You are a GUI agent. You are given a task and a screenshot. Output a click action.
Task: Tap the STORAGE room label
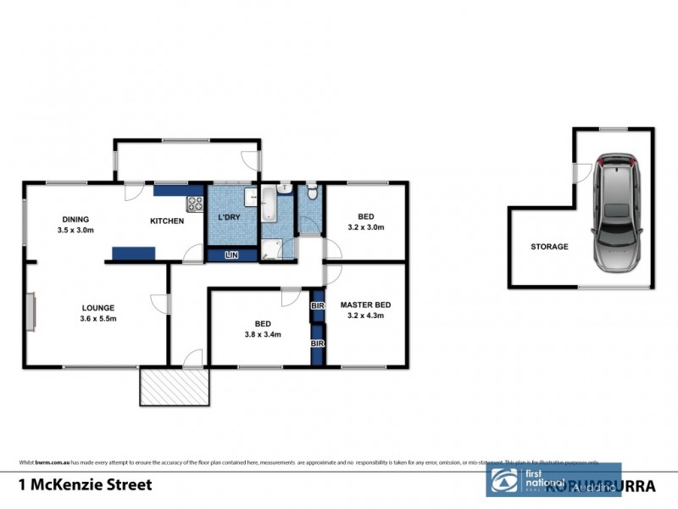(x=549, y=247)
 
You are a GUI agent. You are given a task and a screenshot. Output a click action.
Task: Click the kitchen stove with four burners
(x=195, y=204)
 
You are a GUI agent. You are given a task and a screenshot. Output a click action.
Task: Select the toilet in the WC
(x=312, y=193)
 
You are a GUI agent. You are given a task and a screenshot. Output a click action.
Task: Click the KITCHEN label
(x=167, y=221)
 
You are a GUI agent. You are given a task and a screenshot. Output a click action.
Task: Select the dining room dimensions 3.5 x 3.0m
(x=75, y=230)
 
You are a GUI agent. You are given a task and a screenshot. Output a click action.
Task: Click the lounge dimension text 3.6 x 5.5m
(x=98, y=319)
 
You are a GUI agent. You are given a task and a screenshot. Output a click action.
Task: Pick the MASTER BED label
(x=365, y=305)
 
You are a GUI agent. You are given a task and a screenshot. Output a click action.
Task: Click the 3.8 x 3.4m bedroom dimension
(x=262, y=334)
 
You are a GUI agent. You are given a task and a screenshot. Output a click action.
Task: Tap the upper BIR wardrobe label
(x=318, y=305)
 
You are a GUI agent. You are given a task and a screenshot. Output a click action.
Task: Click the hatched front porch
(x=174, y=387)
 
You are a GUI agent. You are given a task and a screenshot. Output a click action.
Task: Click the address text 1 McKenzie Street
(x=85, y=485)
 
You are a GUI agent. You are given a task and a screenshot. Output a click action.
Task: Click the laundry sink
(x=251, y=198)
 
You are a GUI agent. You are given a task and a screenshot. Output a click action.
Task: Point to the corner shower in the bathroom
(x=272, y=249)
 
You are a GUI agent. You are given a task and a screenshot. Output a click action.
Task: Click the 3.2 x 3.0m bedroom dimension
(x=365, y=227)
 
